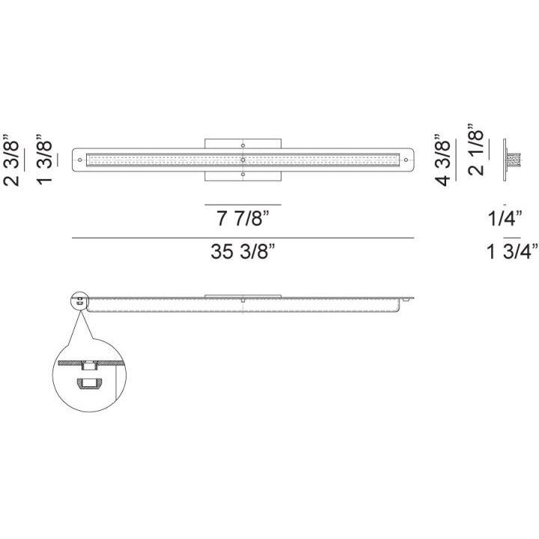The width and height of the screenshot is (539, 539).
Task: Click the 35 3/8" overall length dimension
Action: (x=243, y=252)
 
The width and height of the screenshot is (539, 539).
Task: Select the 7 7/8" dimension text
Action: (x=243, y=218)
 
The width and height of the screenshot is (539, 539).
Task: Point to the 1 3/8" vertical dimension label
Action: (x=44, y=160)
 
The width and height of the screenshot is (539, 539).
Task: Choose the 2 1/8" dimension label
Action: (x=476, y=150)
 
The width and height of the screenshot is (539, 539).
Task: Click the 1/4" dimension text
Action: (x=505, y=218)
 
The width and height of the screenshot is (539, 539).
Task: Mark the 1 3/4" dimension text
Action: (x=512, y=252)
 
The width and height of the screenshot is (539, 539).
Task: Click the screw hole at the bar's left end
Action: (x=80, y=160)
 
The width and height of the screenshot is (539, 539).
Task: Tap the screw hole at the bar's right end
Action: (x=406, y=160)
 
